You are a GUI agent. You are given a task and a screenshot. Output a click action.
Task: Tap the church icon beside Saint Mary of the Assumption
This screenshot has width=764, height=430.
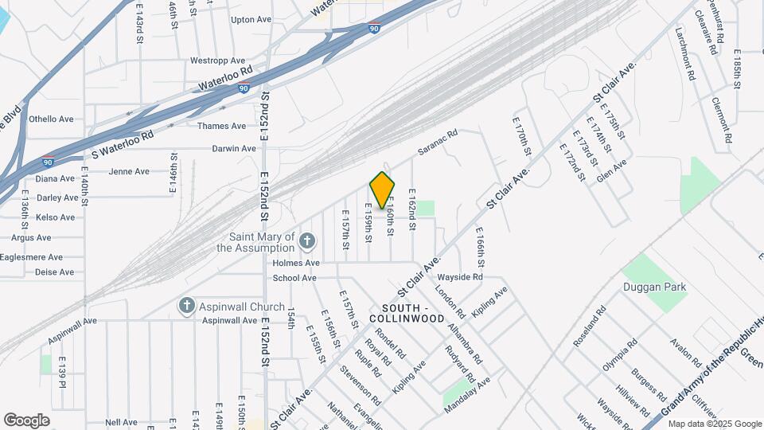(x=309, y=240)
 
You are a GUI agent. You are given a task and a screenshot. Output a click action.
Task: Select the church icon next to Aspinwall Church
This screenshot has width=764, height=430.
(x=186, y=306)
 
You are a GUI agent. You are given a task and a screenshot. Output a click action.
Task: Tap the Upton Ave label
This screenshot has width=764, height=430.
(x=251, y=19)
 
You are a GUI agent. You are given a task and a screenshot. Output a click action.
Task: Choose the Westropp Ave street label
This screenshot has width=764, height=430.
(x=217, y=61)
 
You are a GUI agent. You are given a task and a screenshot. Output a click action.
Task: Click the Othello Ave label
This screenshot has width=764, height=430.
(x=51, y=119)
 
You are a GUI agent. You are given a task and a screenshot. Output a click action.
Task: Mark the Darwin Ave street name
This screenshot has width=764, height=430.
(x=234, y=149)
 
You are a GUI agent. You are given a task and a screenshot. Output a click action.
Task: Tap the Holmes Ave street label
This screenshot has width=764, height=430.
(x=296, y=263)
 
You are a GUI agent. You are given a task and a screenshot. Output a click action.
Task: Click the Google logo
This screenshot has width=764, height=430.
(x=27, y=420)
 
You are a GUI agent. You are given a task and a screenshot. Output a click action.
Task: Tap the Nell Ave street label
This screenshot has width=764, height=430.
(x=122, y=422)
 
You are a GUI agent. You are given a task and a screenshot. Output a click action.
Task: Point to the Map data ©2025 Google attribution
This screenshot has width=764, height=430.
(x=714, y=423)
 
